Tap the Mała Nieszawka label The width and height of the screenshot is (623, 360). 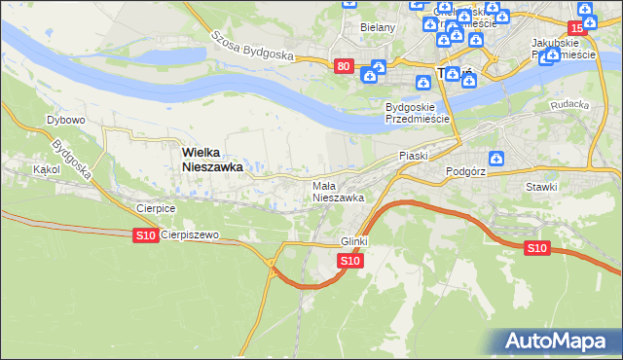338,192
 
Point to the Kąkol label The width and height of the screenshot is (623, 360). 46,169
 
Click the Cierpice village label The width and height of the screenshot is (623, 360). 156,208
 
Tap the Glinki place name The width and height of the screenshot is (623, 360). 356,240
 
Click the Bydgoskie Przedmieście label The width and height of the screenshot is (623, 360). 417,112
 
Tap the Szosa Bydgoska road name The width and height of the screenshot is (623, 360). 252,44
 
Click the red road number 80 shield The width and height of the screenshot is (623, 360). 343,66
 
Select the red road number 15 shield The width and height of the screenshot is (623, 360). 577,29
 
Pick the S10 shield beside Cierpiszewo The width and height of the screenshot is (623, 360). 145,235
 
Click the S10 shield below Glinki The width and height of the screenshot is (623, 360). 351,261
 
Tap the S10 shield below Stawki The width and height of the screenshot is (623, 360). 537,248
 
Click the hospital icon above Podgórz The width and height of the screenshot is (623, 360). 496,158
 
